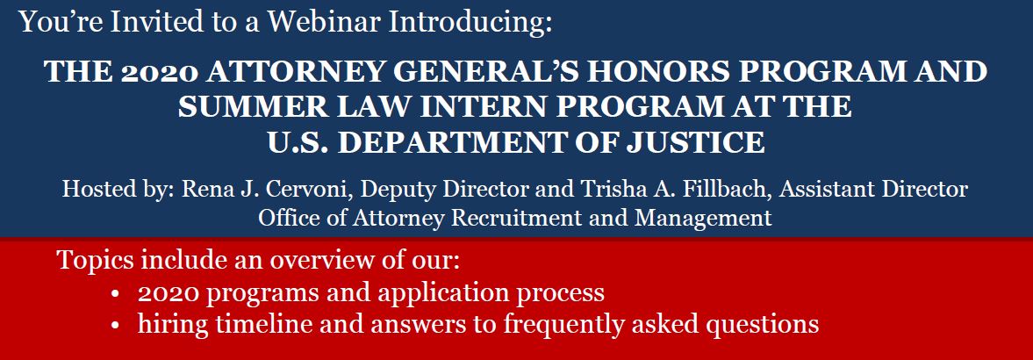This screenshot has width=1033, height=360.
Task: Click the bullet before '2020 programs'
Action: [x=116, y=294]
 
